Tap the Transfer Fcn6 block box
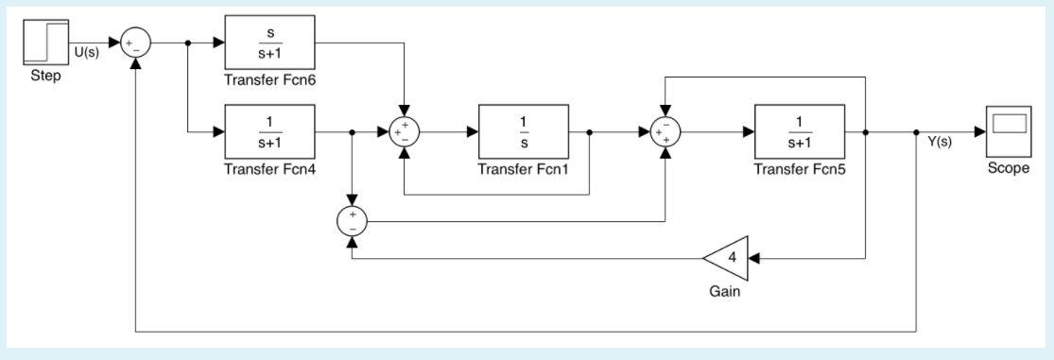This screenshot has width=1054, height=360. (269, 43)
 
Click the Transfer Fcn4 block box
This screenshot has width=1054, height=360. (269, 132)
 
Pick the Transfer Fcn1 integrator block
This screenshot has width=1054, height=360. (524, 132)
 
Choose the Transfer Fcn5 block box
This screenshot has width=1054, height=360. (800, 132)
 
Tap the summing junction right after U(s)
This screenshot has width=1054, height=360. (137, 43)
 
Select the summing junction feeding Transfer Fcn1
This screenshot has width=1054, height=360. (404, 132)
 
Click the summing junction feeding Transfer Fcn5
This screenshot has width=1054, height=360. (667, 132)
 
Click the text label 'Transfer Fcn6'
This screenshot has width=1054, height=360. (268, 78)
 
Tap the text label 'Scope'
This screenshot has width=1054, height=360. (1008, 169)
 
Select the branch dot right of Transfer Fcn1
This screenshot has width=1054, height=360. (589, 132)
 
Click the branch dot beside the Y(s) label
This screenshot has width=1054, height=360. (917, 132)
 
